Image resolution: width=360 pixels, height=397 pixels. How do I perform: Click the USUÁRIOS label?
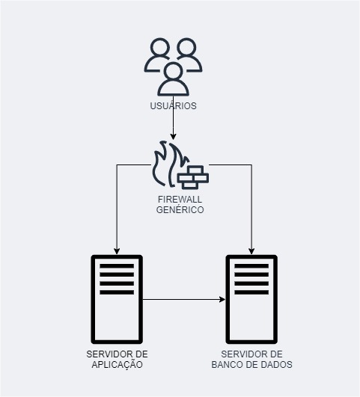point(173,105)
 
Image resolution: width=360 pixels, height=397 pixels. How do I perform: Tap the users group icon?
point(173,67)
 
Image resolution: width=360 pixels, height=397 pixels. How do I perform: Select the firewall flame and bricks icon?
point(180,164)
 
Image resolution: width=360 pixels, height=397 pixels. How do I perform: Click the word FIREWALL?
point(180,200)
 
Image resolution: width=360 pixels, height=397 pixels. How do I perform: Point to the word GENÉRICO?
point(180,209)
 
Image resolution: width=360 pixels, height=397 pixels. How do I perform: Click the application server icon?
point(117,299)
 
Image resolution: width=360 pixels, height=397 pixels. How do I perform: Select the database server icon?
point(251,299)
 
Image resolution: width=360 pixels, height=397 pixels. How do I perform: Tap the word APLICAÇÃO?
point(117,365)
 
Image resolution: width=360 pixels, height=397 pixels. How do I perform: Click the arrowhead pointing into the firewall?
point(173,137)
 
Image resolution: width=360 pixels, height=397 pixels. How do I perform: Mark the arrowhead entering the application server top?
point(117,251)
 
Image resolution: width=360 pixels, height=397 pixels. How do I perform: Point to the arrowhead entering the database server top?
point(251,251)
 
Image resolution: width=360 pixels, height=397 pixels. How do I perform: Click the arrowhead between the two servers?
point(222,300)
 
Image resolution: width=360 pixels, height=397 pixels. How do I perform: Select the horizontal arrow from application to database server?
point(184,300)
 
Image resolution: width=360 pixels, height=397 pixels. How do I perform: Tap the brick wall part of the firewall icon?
point(193,177)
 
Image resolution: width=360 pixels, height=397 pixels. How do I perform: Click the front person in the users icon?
point(174,79)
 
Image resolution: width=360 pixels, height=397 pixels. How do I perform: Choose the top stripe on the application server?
point(117,266)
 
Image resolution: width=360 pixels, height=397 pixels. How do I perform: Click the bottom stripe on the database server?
point(251,292)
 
